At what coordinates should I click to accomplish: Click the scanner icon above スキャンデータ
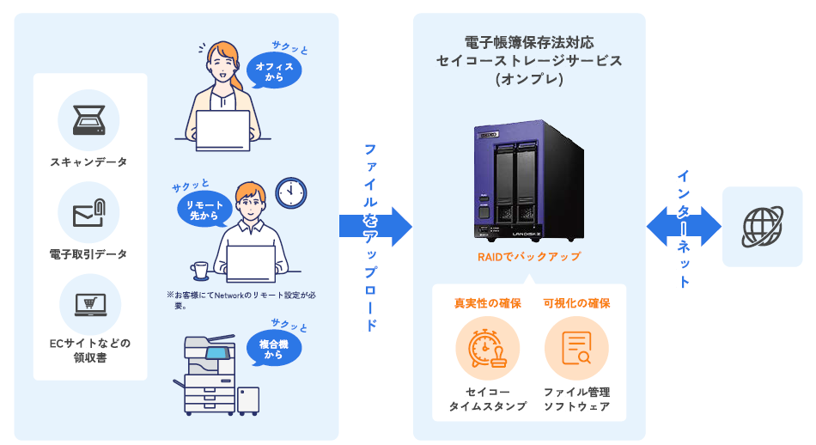[89, 120]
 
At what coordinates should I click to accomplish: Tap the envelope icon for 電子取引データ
[89, 213]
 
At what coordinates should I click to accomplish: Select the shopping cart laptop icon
[90, 305]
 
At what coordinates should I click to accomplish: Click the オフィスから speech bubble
[274, 70]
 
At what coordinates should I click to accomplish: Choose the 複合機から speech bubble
[274, 349]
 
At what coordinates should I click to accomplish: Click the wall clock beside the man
[291, 193]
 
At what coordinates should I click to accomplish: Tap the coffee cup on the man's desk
[199, 271]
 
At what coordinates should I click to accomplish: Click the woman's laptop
[222, 131]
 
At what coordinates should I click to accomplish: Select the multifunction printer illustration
[216, 375]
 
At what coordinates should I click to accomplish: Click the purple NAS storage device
[529, 180]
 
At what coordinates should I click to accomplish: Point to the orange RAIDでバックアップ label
[529, 257]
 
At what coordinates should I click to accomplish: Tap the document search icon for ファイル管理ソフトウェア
[576, 348]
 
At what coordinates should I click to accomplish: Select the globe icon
[763, 227]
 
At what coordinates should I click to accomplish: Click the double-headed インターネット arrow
[684, 227]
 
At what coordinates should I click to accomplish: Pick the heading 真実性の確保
[488, 303]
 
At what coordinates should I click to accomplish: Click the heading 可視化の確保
[576, 303]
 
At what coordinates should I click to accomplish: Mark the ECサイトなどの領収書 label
[90, 351]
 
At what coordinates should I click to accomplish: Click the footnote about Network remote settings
[241, 301]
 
